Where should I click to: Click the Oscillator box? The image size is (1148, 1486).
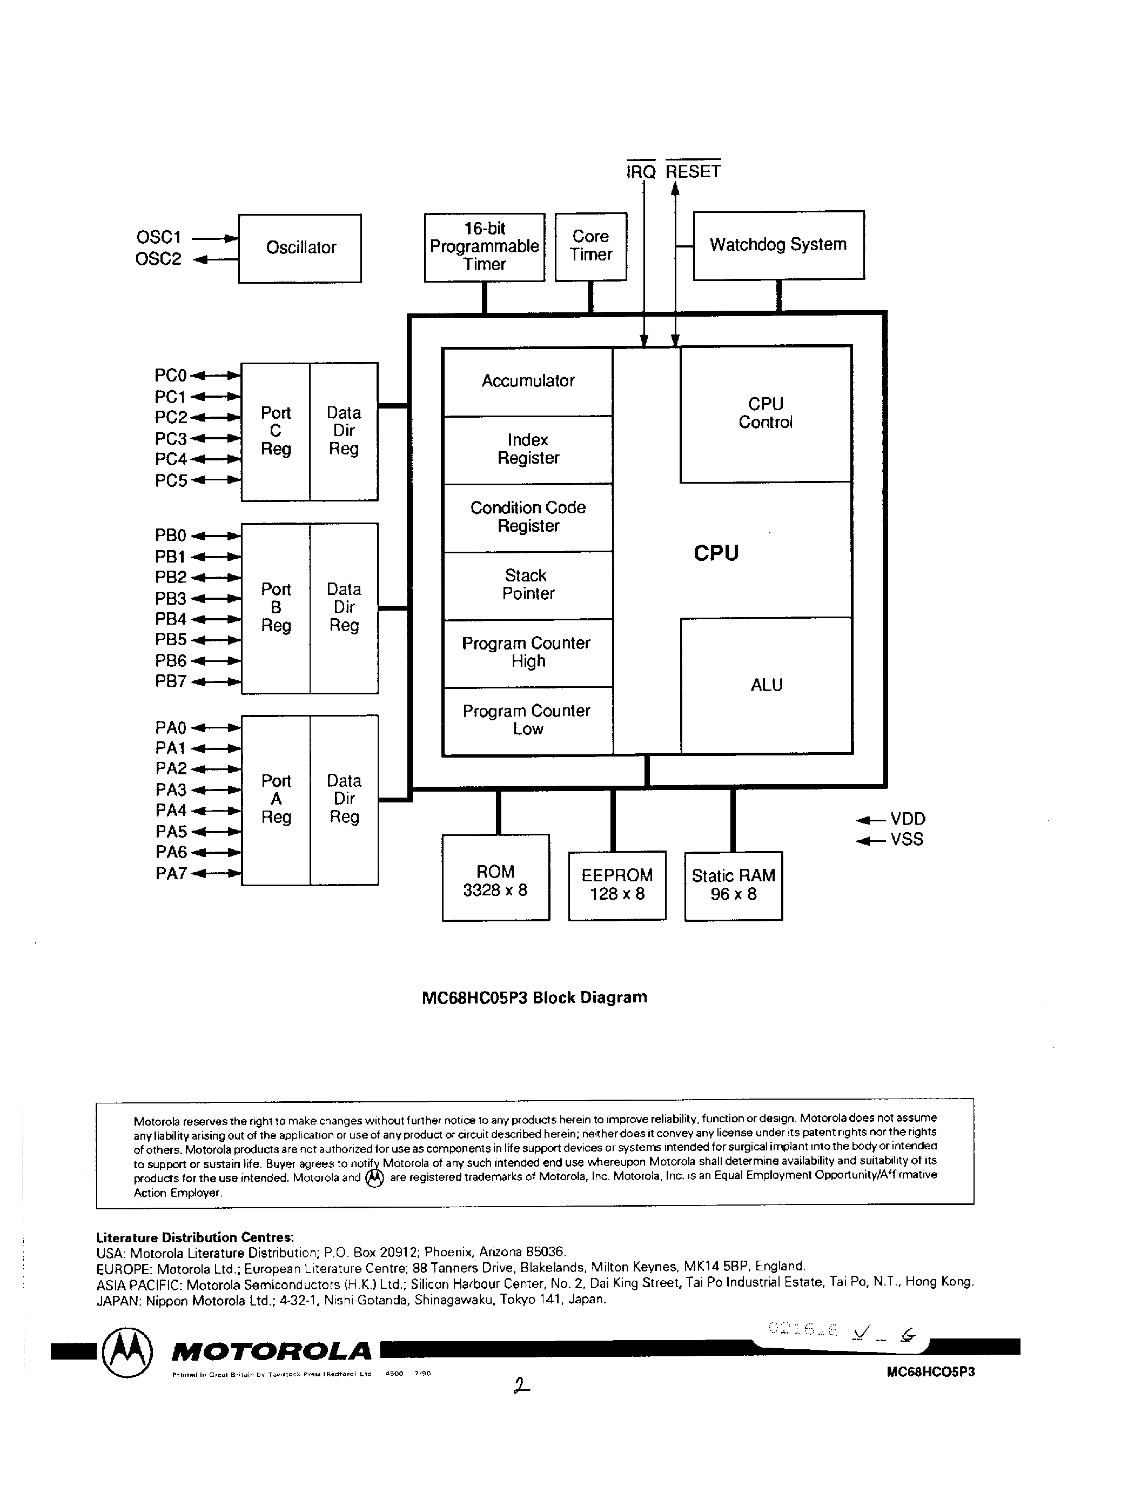coord(300,249)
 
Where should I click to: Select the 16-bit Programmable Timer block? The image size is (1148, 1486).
coord(484,247)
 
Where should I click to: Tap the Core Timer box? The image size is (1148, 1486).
coord(590,246)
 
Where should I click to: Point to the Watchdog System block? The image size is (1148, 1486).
coord(778,245)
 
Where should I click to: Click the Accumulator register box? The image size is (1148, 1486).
coord(528,381)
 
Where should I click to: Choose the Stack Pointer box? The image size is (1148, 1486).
coord(528,585)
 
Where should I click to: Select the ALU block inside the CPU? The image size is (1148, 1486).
coord(767,685)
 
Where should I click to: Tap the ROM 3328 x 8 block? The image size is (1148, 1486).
coord(495,878)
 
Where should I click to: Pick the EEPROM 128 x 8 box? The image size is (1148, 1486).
coord(617,885)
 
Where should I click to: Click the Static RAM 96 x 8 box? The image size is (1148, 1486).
coord(733,885)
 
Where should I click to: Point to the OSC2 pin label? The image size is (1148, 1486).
coord(158,259)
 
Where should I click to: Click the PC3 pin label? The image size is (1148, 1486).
coord(170,439)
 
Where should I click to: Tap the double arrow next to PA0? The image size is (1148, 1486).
coord(216,728)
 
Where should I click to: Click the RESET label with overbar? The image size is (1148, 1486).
coord(693,171)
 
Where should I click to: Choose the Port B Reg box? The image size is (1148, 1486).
coord(276,607)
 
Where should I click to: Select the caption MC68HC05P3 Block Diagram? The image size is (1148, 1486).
coord(534,998)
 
